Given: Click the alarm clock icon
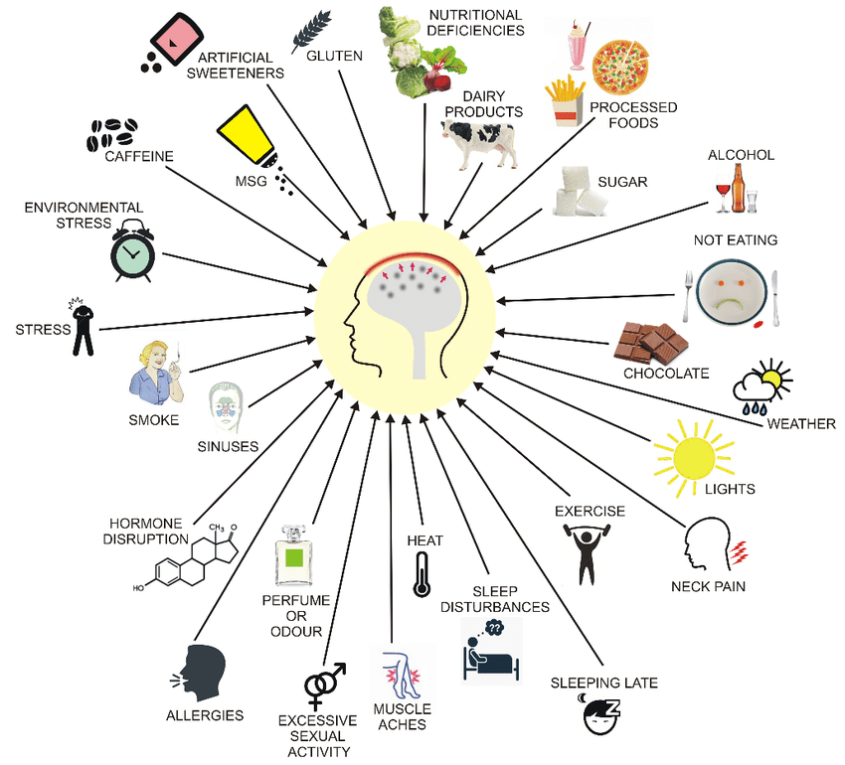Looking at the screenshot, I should [x=132, y=254].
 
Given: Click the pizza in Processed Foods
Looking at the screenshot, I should [x=622, y=66].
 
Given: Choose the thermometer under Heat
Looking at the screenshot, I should [x=422, y=575].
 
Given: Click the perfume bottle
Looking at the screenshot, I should [x=293, y=560].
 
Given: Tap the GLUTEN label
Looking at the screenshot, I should [x=334, y=56].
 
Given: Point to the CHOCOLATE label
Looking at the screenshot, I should [x=666, y=374].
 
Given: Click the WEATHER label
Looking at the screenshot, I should [x=800, y=424].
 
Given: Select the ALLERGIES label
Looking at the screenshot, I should [x=205, y=714].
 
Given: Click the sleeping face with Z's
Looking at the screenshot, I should [x=599, y=716].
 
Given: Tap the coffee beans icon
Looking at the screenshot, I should [x=112, y=133].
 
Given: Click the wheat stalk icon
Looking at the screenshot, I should [x=310, y=31].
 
